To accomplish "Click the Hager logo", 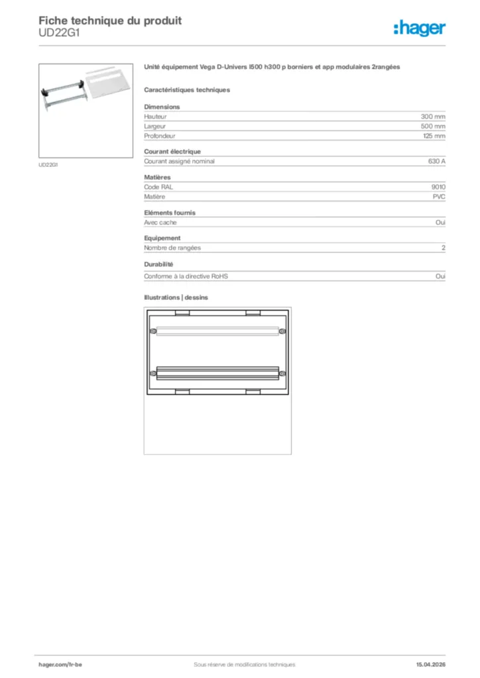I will coord(420,27).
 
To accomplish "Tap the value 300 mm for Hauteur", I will coord(433,116).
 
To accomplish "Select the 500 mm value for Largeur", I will coord(433,126).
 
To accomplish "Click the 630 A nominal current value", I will coord(436,161).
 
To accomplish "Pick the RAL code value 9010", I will coord(438,187).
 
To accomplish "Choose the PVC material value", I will coord(439,197).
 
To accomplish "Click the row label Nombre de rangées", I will coord(172,248).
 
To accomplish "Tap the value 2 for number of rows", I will coord(444,248).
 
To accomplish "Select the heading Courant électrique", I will coord(172,152).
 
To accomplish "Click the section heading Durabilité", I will coord(158,264).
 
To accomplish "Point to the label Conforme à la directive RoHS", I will coord(190,275).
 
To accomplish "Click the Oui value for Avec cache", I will coord(440,222).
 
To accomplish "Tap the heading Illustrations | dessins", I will coord(176,297).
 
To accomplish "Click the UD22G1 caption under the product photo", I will coord(48,165).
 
